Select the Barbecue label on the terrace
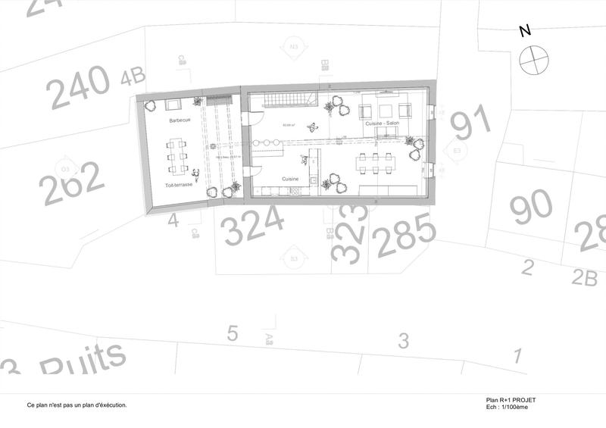coord(180,120)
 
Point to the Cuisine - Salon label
coord(382,123)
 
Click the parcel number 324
coord(254,225)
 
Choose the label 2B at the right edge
coord(584,278)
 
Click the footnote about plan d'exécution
coord(77,405)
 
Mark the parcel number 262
coord(72,184)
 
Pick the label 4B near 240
coord(133,76)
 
